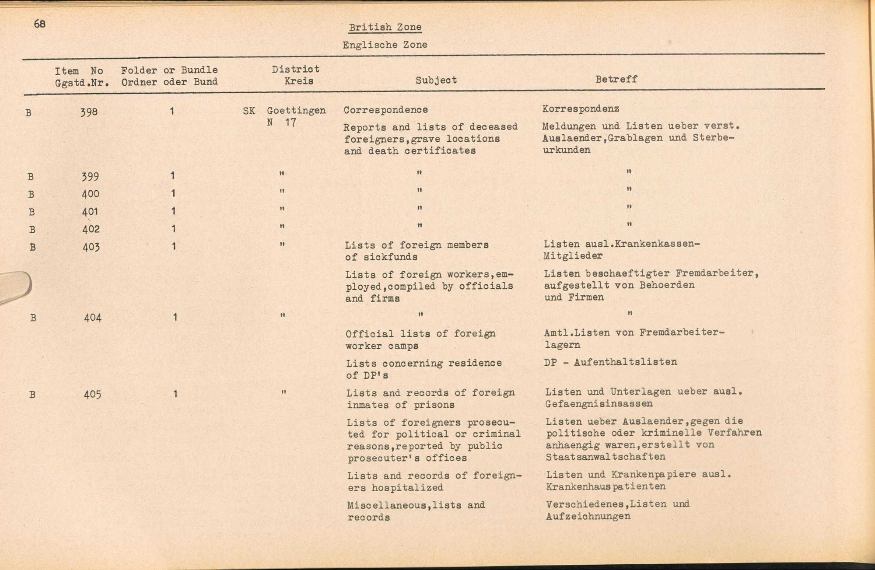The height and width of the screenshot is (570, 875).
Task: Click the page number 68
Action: coord(39,24)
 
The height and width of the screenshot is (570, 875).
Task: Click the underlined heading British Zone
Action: coord(385,27)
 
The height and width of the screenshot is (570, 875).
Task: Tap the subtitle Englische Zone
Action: coord(385,45)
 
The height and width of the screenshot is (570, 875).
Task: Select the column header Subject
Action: coord(436,80)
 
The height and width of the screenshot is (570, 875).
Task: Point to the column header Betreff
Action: coord(616,79)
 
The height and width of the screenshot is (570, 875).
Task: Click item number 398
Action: coord(89,112)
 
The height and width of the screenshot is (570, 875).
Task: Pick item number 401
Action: coord(90,212)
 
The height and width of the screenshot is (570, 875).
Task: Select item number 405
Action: coord(92,395)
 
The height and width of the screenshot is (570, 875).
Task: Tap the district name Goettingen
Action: coord(296,110)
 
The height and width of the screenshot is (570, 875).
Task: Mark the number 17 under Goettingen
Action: coord(290,122)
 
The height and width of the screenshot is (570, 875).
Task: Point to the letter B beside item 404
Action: coord(33,318)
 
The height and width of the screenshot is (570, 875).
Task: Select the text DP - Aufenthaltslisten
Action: coord(610,362)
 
